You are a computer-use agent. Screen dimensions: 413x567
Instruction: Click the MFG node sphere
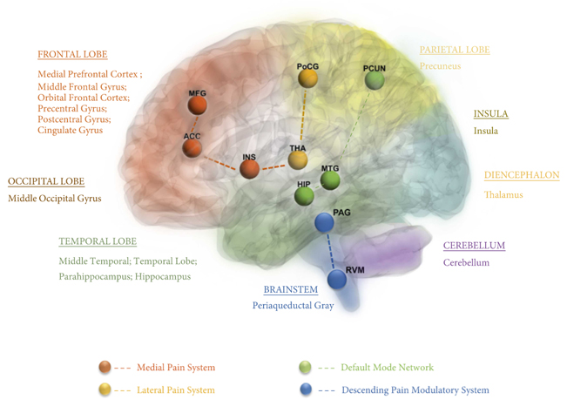[x=198, y=105]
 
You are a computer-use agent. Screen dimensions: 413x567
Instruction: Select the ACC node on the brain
[x=192, y=149]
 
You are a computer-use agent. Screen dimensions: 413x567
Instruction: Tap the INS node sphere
[x=250, y=169]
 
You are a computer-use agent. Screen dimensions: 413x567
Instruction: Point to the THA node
[x=298, y=160]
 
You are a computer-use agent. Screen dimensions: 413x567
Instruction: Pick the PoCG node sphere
[x=307, y=78]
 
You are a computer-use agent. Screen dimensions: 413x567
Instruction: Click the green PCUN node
[x=375, y=80]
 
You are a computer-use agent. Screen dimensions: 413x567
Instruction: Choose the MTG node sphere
[x=330, y=179]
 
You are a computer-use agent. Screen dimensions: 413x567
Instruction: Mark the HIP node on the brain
[x=304, y=196]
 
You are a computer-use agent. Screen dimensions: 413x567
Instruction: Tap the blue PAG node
[x=324, y=224]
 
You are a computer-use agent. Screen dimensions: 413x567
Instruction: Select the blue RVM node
[x=337, y=280]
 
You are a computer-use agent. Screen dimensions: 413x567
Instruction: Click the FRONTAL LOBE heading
[x=72, y=55]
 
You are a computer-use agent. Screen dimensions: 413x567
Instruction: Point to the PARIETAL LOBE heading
[x=455, y=51]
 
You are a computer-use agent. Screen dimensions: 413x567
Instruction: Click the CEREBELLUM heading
[x=474, y=246]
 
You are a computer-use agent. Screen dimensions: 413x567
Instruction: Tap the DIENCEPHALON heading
[x=522, y=175]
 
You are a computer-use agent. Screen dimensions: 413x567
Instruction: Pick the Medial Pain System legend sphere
[x=105, y=367]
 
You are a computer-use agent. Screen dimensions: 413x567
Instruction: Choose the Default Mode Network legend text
[x=387, y=368]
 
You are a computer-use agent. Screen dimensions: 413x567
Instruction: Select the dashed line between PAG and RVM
[x=330, y=252]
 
